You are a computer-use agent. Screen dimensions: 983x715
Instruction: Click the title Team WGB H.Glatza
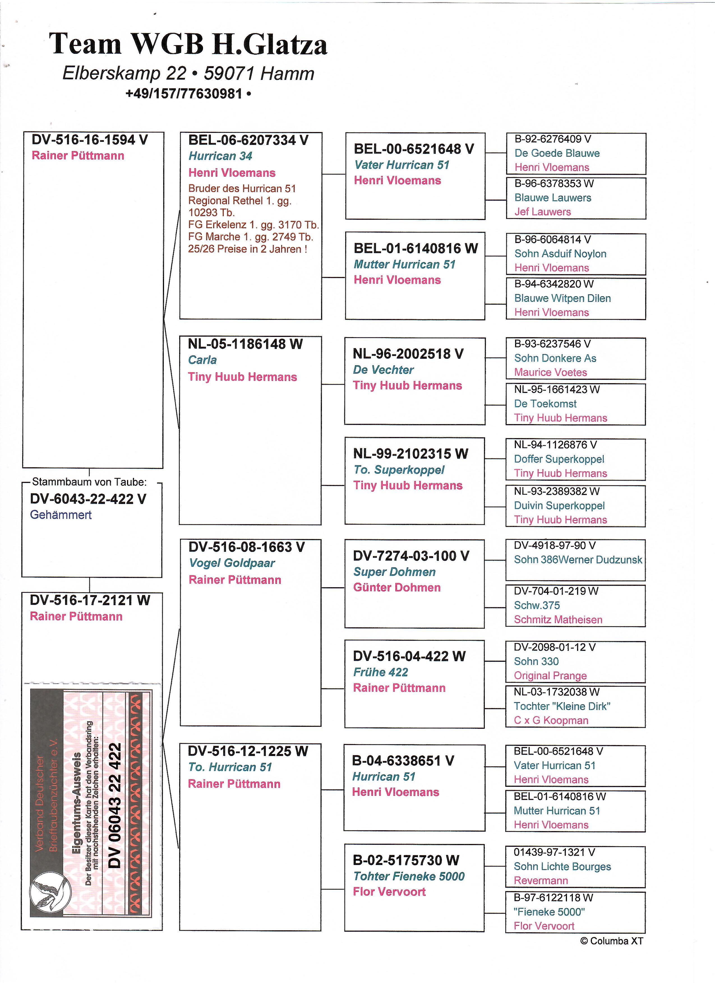click(188, 45)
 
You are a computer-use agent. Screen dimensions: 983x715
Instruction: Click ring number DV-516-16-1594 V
click(90, 140)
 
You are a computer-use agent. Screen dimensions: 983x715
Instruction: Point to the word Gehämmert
click(61, 515)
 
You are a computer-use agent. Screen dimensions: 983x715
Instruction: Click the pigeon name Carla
click(202, 360)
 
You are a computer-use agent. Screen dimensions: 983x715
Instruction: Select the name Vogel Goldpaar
click(232, 563)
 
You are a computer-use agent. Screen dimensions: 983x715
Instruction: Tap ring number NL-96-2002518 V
click(408, 354)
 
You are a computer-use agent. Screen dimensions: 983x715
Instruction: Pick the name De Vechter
click(383, 370)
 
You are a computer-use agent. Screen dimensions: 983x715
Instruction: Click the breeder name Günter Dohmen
click(397, 587)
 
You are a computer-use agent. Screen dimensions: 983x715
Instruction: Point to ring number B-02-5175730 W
click(406, 860)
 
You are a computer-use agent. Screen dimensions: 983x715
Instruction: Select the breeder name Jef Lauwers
click(543, 212)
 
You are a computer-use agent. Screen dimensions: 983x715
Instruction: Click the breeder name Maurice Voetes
click(550, 372)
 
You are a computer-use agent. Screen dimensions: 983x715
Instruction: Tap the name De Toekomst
click(545, 404)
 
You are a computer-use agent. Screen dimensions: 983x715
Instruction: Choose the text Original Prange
click(550, 676)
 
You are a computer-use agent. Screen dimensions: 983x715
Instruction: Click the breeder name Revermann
click(541, 881)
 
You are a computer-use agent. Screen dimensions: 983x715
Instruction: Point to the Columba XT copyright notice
click(611, 941)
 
